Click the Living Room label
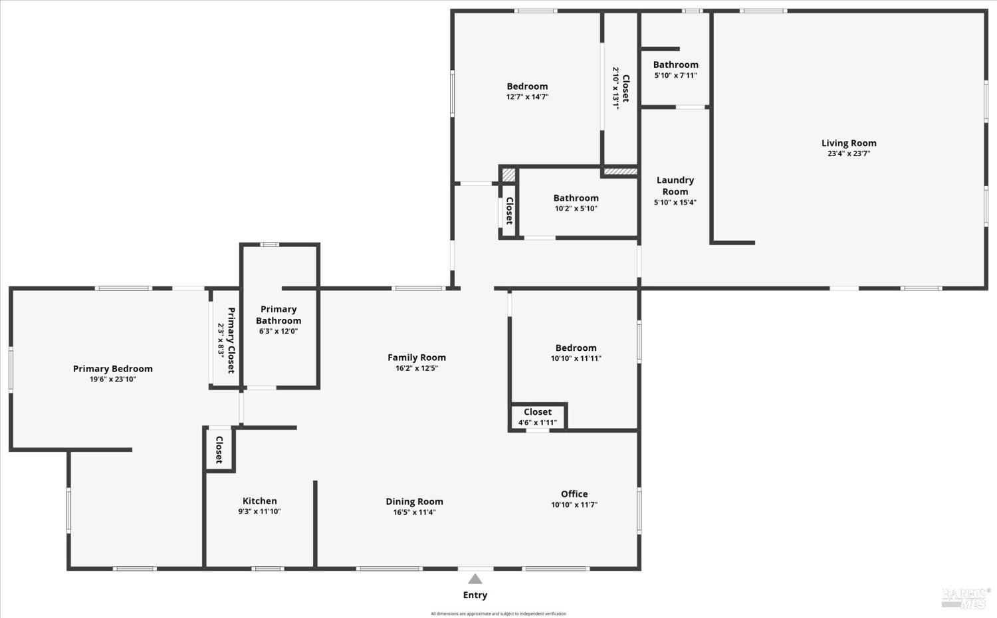pyautogui.click(x=849, y=143)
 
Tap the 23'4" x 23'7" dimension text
pyautogui.click(x=849, y=154)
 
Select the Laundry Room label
pyautogui.click(x=675, y=185)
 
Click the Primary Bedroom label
pyautogui.click(x=113, y=369)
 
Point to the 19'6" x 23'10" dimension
pyautogui.click(x=113, y=379)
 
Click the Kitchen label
pyautogui.click(x=259, y=501)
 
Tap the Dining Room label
pyautogui.click(x=414, y=502)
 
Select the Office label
pyautogui.click(x=574, y=494)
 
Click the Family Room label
pyautogui.click(x=417, y=358)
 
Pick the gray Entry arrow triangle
pyautogui.click(x=475, y=579)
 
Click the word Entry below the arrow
pyautogui.click(x=475, y=595)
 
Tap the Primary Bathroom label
pyautogui.click(x=278, y=315)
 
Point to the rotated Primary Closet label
pyautogui.click(x=231, y=340)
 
